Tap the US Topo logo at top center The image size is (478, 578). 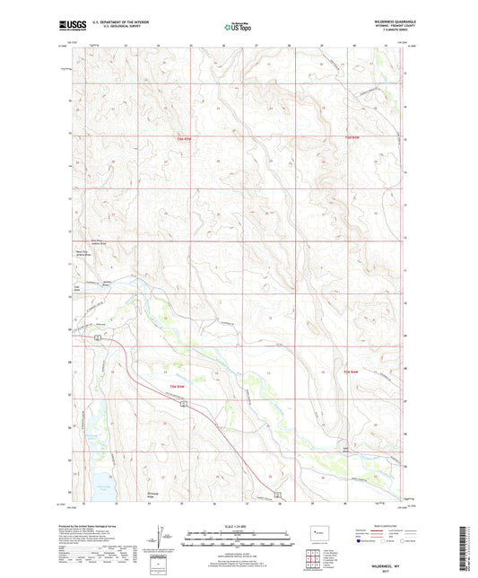235,28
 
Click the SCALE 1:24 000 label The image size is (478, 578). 239,525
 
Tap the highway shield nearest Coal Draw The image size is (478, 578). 96,336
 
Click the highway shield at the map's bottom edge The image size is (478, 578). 278,495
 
